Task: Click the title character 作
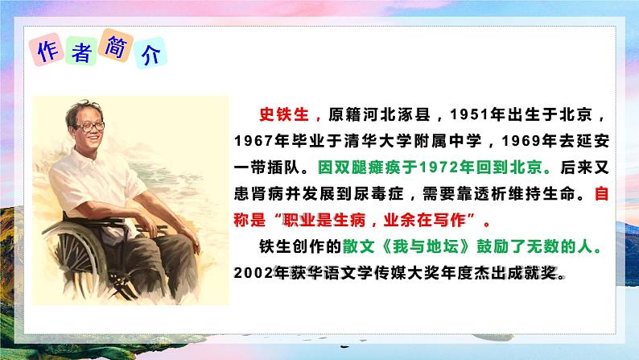click(47, 51)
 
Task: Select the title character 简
click(114, 50)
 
